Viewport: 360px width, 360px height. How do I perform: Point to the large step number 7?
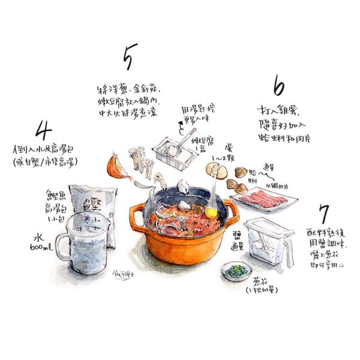coord(325,214)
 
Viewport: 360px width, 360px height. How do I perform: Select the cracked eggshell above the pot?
coord(217,171)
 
